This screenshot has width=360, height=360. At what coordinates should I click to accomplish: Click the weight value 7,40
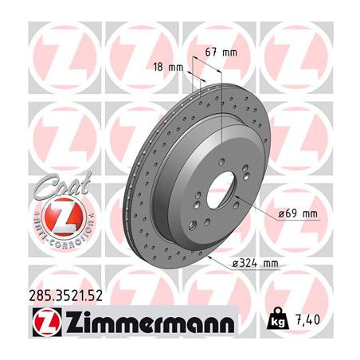[x=315, y=322]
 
